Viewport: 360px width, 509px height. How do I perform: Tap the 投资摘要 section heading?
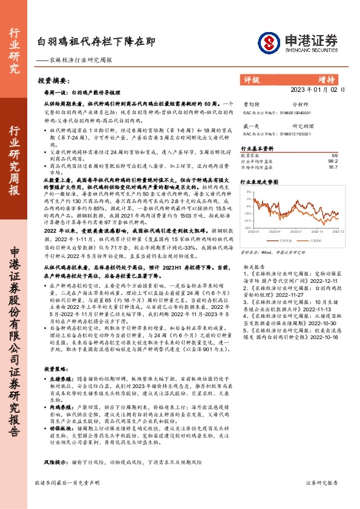pyautogui.click(x=53, y=80)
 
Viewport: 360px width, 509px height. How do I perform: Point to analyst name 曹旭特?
pyautogui.click(x=249, y=103)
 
